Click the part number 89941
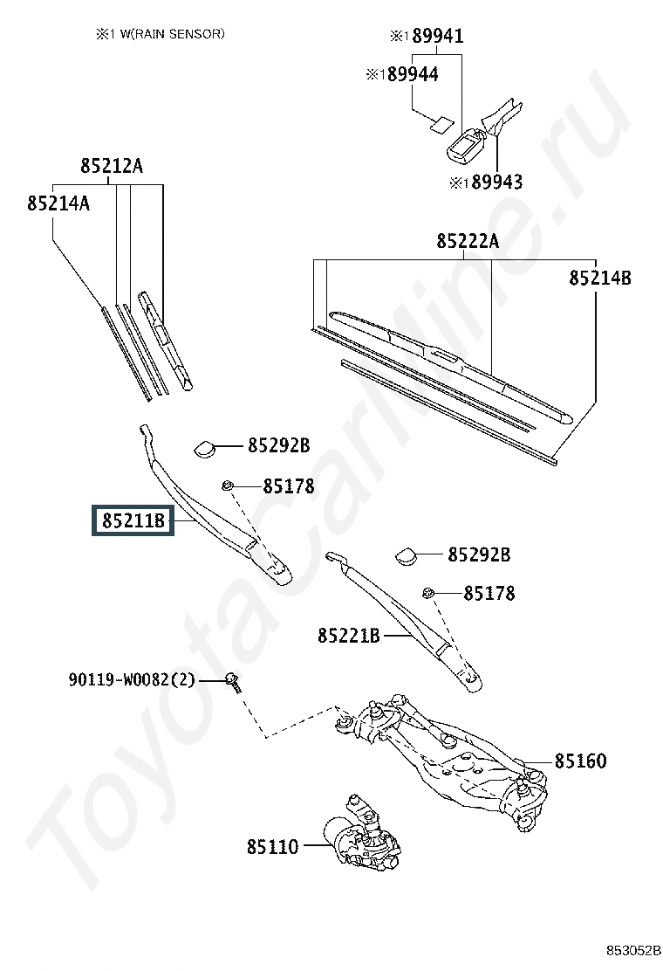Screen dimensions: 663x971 pyautogui.click(x=438, y=36)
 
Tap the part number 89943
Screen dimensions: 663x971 pyautogui.click(x=496, y=182)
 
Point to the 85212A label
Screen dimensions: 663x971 pyautogui.click(x=112, y=166)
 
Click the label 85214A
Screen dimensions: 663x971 pyautogui.click(x=58, y=203)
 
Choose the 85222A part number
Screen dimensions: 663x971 pyautogui.click(x=468, y=241)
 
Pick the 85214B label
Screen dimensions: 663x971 pyautogui.click(x=600, y=278)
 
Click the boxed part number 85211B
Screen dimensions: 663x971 pyautogui.click(x=133, y=520)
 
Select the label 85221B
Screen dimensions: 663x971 pyautogui.click(x=349, y=636)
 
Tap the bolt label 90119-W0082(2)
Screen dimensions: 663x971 pyautogui.click(x=132, y=680)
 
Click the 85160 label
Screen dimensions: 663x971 pyautogui.click(x=580, y=761)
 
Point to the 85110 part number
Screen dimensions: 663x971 pyautogui.click(x=273, y=846)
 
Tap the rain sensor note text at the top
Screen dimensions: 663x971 pyautogui.click(x=161, y=34)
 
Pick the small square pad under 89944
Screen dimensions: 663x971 pyautogui.click(x=441, y=125)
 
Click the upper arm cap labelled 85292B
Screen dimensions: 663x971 pyautogui.click(x=205, y=448)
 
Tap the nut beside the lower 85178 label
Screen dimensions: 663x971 pyautogui.click(x=427, y=593)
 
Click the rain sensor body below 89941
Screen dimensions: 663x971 pyautogui.click(x=466, y=146)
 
